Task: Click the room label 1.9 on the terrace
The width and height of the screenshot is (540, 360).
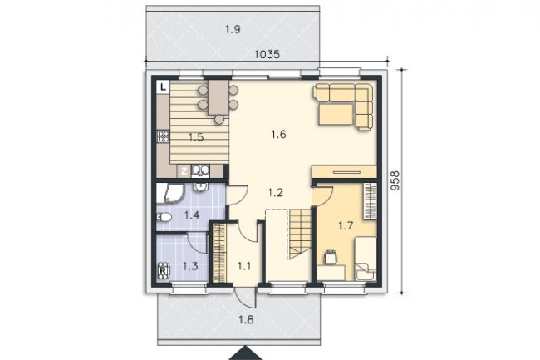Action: tap(233, 30)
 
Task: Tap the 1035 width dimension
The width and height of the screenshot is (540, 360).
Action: tap(267, 54)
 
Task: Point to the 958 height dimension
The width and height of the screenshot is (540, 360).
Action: tap(395, 180)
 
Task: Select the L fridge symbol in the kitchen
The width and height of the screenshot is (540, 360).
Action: tap(163, 86)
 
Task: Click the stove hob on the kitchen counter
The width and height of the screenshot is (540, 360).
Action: tap(163, 136)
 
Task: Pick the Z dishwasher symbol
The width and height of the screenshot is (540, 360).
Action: tap(184, 171)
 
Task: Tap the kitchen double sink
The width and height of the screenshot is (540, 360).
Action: tap(200, 171)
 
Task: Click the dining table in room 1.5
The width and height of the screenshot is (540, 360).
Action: tap(218, 97)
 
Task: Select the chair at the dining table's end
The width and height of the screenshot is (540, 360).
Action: tap(219, 119)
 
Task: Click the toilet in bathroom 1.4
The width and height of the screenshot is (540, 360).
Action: tap(164, 217)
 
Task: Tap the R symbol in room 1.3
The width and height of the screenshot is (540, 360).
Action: tap(163, 269)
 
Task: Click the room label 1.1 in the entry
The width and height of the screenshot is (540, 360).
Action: tap(243, 266)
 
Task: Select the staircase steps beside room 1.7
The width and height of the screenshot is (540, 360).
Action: tap(301, 234)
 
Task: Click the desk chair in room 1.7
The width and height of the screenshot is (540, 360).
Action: tap(330, 257)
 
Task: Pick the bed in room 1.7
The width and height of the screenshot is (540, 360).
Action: tap(365, 259)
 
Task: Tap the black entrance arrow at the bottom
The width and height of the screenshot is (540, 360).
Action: tap(245, 353)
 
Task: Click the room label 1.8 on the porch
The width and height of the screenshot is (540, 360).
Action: tap(246, 320)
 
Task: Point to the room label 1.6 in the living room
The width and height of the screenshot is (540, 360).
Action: tap(278, 134)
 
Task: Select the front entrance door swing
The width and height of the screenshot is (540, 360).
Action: tap(245, 298)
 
